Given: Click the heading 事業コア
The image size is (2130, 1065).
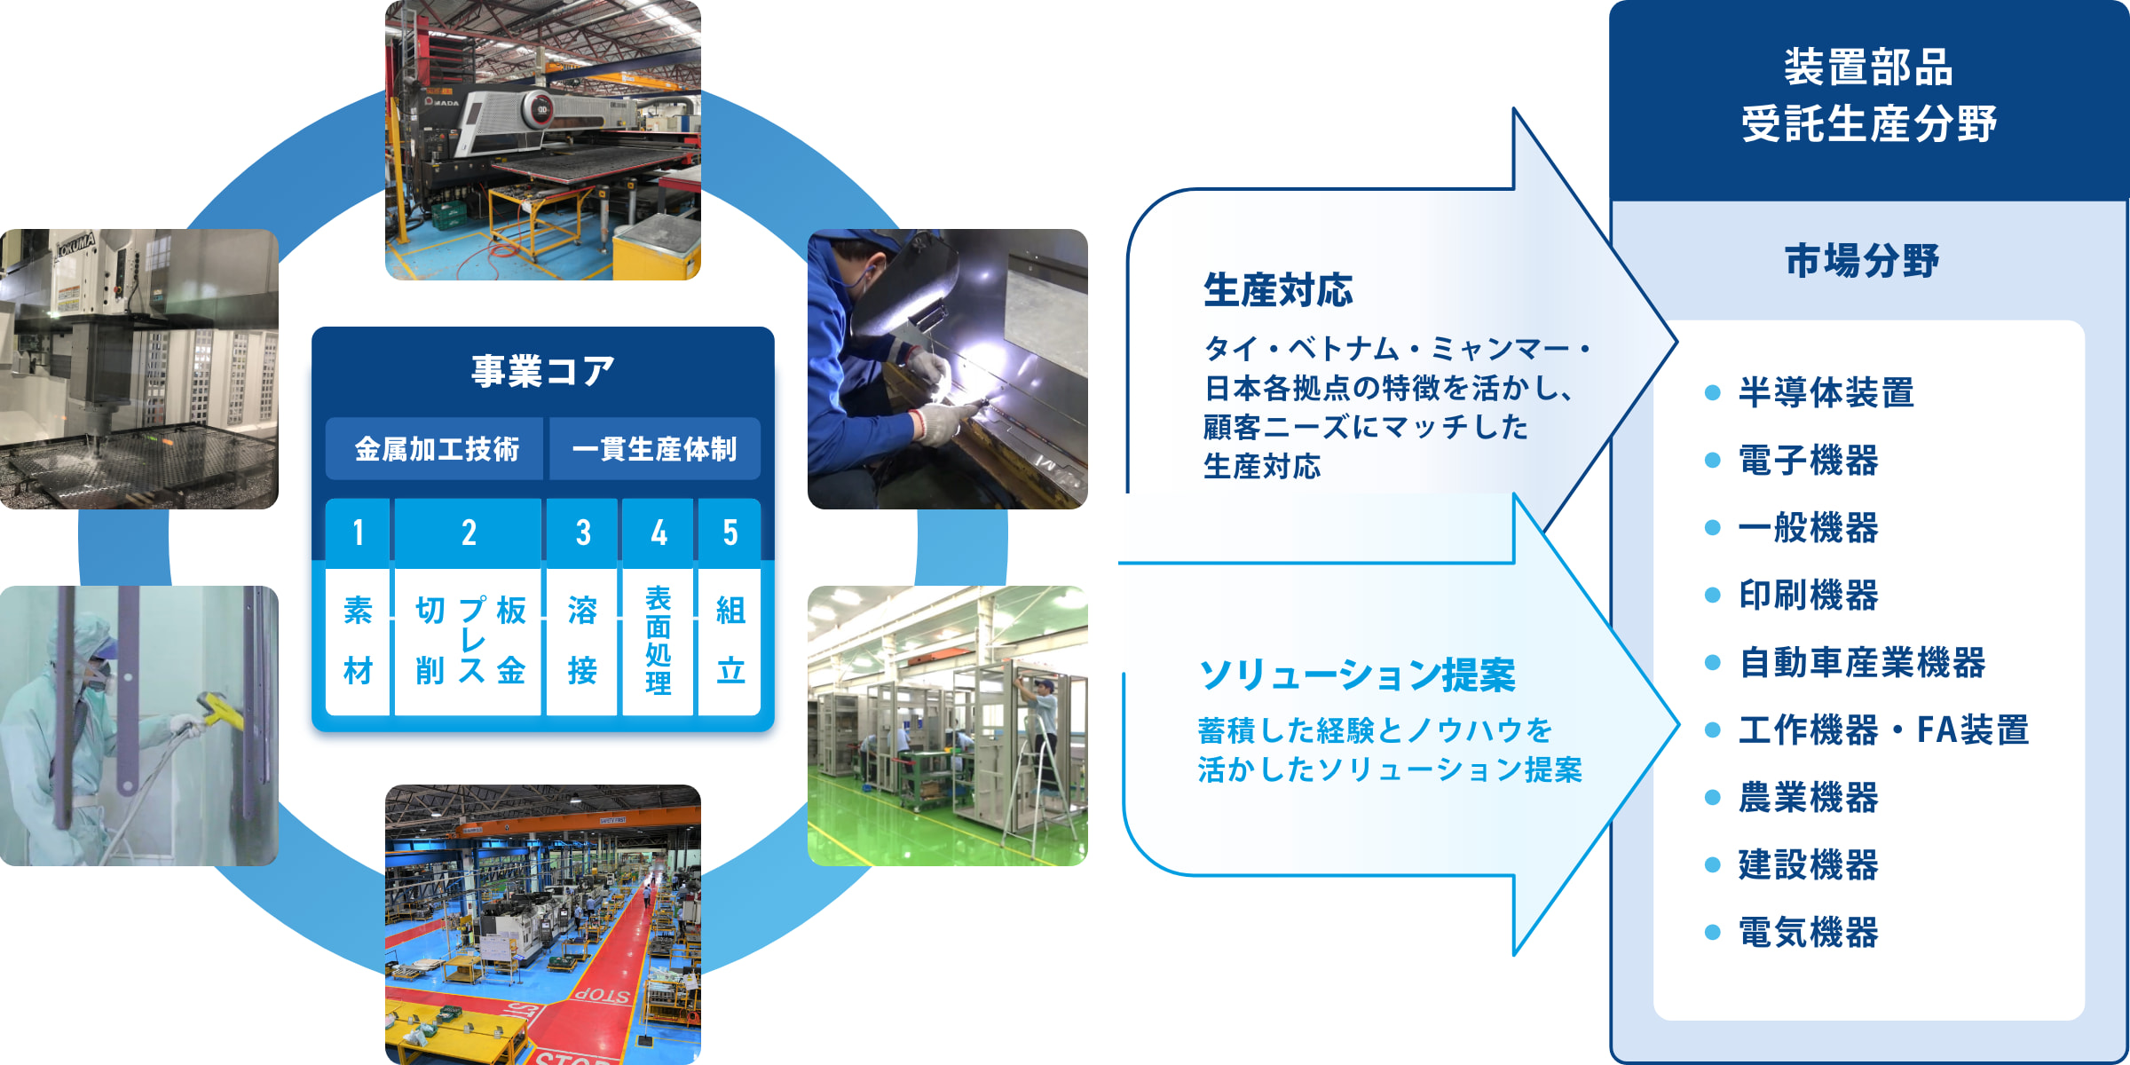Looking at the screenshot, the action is click(542, 371).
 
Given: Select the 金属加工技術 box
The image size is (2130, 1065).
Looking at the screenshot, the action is click(436, 449).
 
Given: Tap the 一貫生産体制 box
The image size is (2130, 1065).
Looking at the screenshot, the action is click(655, 449).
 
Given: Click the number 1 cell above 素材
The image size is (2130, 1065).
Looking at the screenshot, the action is click(358, 532).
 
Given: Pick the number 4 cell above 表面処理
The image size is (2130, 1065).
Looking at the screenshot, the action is click(658, 532).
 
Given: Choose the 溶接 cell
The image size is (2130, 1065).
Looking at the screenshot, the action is click(582, 641).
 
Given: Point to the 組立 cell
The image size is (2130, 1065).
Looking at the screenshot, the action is click(730, 641).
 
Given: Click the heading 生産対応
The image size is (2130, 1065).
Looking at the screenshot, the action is click(1278, 290).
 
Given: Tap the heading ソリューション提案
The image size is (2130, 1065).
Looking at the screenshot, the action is click(1357, 675).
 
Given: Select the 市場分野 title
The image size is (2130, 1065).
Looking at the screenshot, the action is click(1862, 261).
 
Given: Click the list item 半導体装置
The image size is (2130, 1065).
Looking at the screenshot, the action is click(1826, 392).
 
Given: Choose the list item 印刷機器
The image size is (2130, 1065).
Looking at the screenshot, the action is click(1808, 595).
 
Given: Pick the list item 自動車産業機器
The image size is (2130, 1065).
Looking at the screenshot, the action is click(1861, 662).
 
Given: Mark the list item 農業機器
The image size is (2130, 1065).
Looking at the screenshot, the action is click(1808, 797).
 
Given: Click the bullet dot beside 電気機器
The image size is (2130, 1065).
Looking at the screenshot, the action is click(1713, 932).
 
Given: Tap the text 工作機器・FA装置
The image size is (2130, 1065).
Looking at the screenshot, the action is click(1883, 730).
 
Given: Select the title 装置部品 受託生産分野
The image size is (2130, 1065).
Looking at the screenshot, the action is click(1868, 95).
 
